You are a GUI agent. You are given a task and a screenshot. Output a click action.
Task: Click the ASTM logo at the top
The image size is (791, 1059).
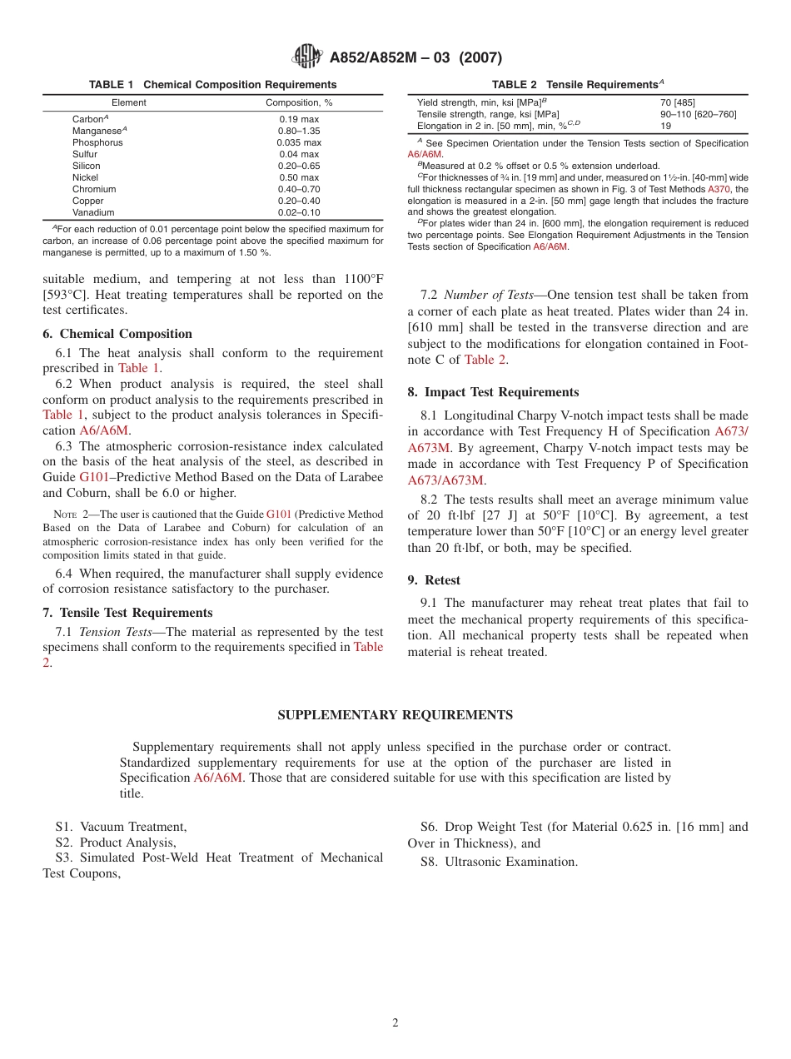point(306,57)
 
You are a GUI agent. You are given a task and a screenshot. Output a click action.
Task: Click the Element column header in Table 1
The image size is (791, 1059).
point(128,102)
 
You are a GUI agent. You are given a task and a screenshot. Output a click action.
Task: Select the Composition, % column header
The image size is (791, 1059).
point(298,102)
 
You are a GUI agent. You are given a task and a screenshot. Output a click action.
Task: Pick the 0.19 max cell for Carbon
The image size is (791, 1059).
point(298,119)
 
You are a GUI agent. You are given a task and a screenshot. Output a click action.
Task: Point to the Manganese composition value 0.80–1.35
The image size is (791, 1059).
point(298,131)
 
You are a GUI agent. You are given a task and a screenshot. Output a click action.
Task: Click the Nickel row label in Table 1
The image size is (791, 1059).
point(85,177)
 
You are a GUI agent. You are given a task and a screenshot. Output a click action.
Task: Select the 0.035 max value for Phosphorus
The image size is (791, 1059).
point(298,142)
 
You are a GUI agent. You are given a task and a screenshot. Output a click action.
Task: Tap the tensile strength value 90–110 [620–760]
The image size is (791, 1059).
point(698,114)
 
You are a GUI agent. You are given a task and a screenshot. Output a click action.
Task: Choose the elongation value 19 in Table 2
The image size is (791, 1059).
point(665,126)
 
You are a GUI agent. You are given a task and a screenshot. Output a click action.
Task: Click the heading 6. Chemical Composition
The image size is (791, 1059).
point(117,334)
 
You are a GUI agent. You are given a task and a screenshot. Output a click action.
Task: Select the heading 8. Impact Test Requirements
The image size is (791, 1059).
point(493,392)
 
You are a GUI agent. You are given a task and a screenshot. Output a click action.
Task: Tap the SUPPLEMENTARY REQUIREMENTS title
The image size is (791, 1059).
point(395,715)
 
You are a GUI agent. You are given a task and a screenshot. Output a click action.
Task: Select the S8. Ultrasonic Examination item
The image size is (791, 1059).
point(499,862)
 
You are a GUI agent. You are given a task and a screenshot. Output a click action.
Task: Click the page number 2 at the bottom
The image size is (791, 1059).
point(395,1023)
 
